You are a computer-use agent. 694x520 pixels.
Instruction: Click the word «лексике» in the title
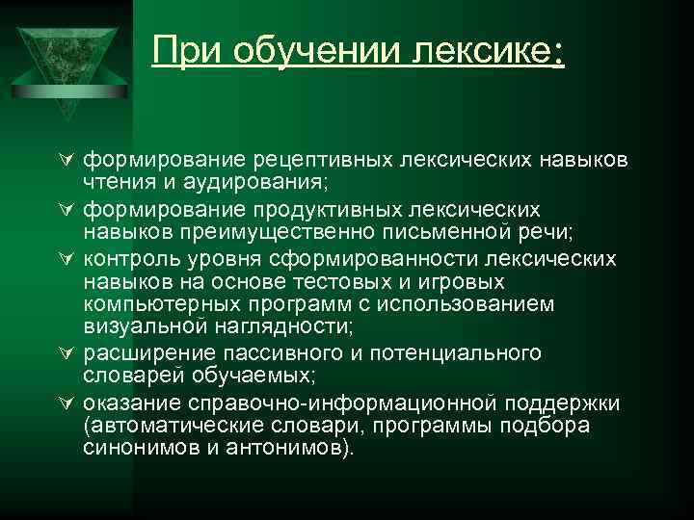click(x=482, y=50)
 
